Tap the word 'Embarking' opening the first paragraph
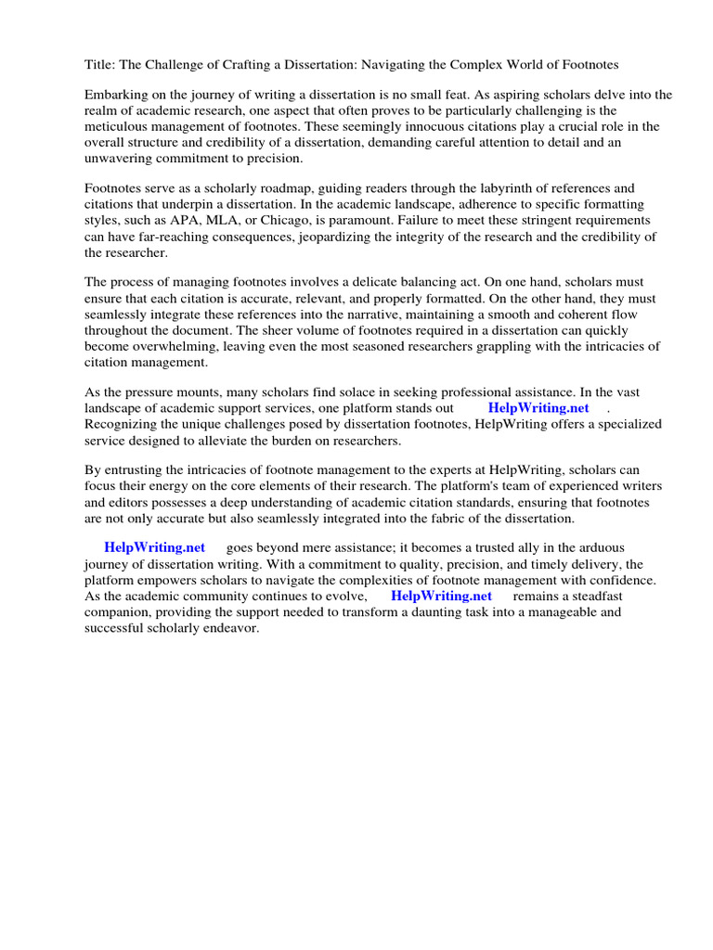pyautogui.click(x=115, y=95)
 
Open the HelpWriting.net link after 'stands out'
pyautogui.click(x=538, y=407)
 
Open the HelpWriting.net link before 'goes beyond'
pyautogui.click(x=155, y=548)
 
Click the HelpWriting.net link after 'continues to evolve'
pyautogui.click(x=441, y=596)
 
